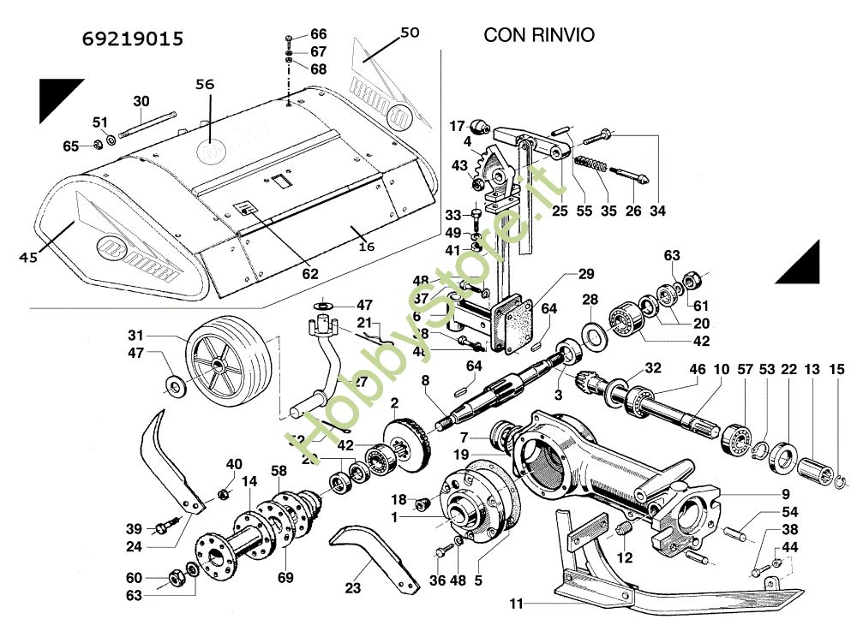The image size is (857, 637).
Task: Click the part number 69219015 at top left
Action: point(133,39)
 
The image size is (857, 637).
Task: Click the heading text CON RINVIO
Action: point(539,35)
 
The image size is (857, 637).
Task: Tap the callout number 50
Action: point(410,33)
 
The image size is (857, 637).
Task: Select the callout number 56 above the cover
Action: point(204,85)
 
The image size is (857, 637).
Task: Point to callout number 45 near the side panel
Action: point(28,257)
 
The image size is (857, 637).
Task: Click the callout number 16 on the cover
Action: point(366,247)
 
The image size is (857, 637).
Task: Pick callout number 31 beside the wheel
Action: point(159,335)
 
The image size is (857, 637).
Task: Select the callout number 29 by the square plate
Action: point(585,274)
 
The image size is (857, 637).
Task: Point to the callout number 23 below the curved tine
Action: point(353,588)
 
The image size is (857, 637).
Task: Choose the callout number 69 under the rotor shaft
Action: point(285,577)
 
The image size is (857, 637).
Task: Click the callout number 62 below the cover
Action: point(310,274)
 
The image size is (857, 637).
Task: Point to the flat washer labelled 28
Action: point(591,330)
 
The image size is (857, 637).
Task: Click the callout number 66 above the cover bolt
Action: point(318,34)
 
